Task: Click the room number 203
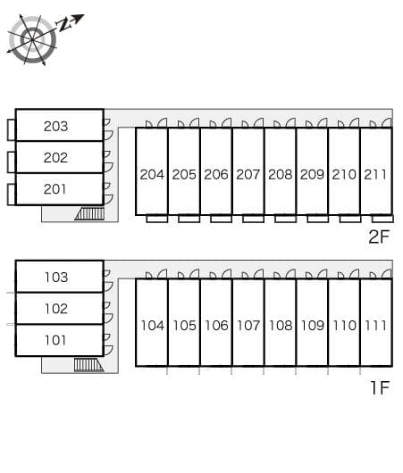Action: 55,126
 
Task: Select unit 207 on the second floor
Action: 248,171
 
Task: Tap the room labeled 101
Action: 60,340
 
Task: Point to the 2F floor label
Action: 379,236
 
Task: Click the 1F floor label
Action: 380,387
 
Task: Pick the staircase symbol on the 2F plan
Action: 89,213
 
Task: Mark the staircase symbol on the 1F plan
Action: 88,365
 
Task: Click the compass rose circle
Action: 32,40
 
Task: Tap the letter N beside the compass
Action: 64,24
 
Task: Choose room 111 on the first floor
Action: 376,323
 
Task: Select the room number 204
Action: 152,174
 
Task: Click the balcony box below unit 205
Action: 189,219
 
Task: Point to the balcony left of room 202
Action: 12,162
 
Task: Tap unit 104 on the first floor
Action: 152,323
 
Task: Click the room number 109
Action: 313,326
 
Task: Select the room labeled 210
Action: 344,171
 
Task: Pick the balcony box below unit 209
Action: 317,219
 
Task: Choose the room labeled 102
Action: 60,308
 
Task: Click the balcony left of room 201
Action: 12,194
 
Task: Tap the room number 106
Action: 216,326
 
